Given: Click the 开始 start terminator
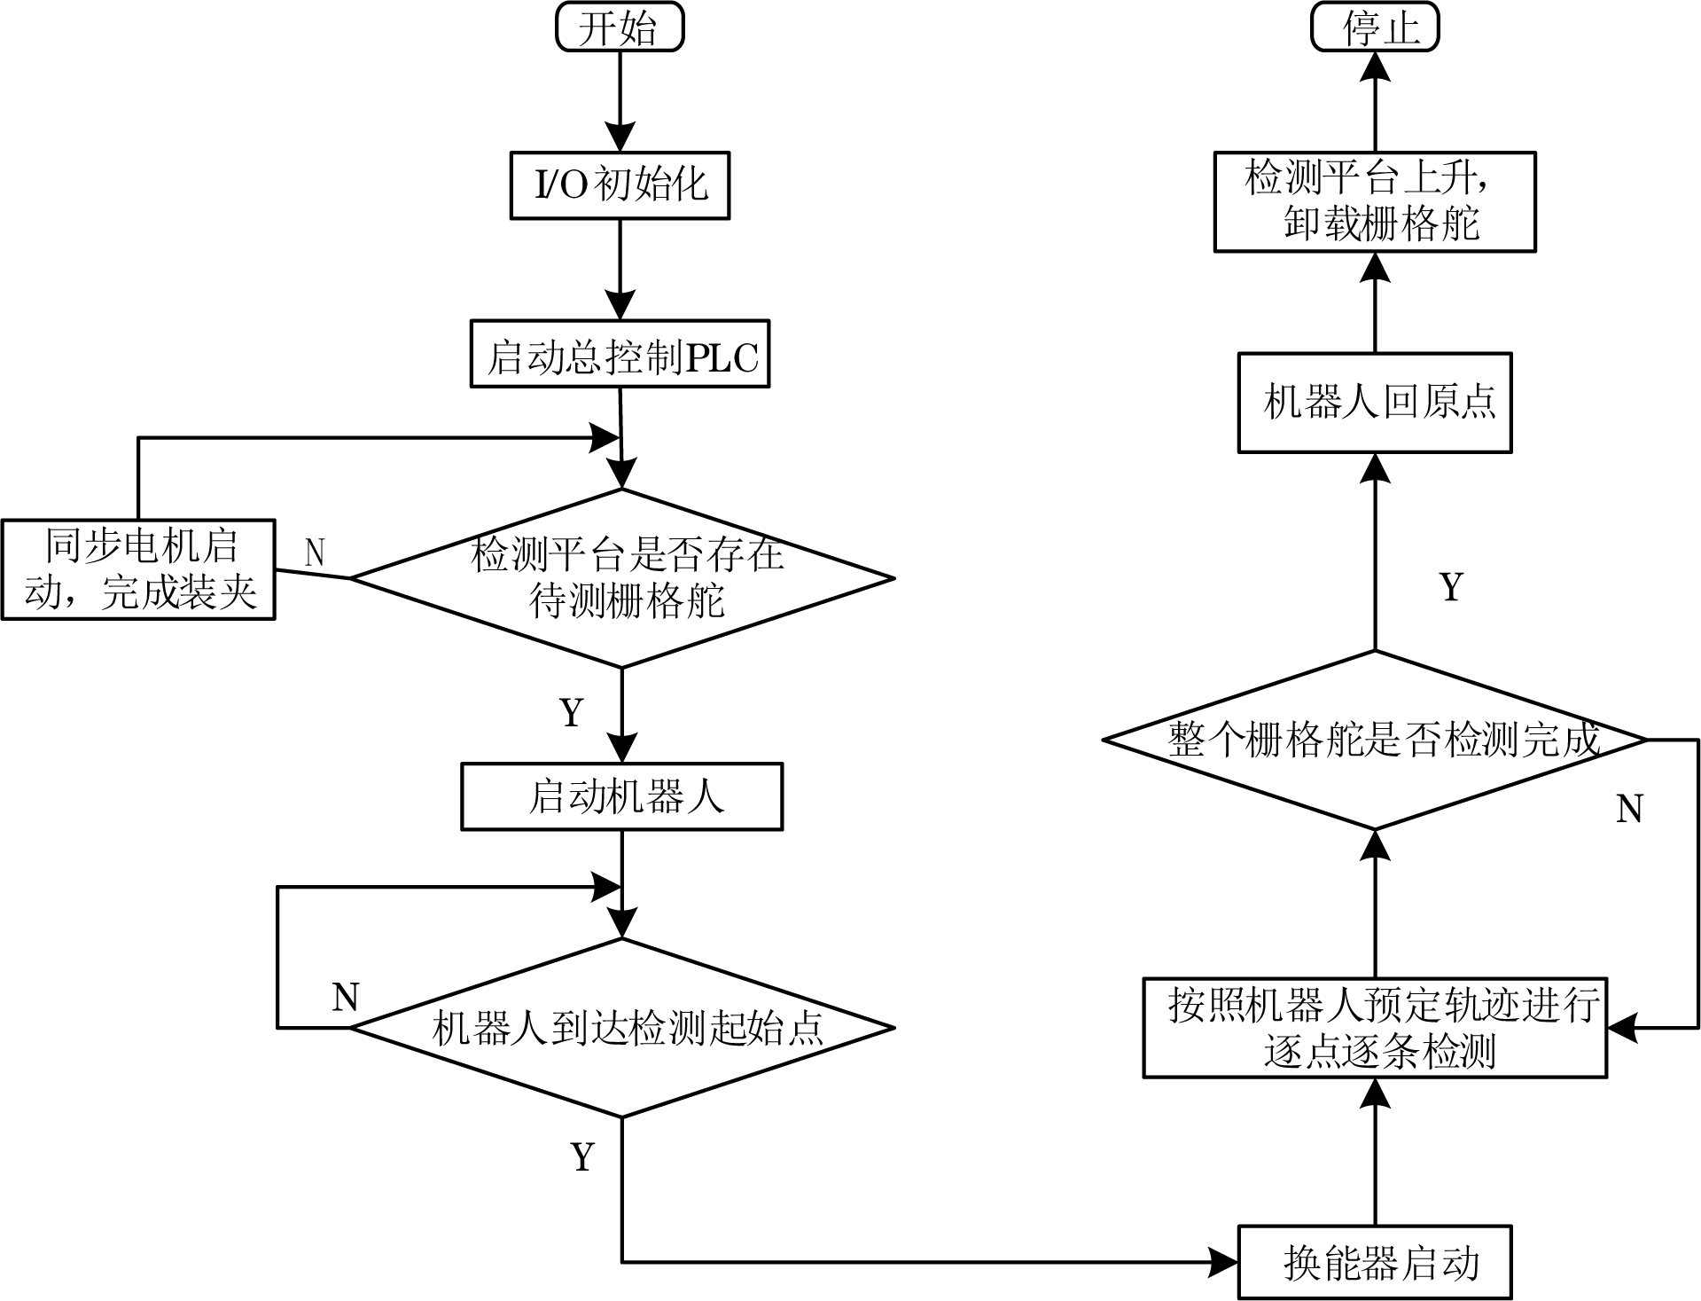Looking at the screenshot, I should (619, 27).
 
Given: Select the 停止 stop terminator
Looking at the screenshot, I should (1374, 27).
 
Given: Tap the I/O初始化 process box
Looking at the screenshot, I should (620, 185).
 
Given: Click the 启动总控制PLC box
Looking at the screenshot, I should (620, 354).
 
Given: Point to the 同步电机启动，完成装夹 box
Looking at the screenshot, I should (138, 569).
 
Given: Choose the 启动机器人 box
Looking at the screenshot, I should (621, 796).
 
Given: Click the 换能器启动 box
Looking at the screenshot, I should (1374, 1263).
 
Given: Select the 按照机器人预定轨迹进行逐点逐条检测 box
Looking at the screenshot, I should (1375, 1028).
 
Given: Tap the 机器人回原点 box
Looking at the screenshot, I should (1374, 403).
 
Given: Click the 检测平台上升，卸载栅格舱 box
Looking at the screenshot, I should (1374, 202).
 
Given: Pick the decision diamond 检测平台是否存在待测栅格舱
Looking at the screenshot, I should (622, 578).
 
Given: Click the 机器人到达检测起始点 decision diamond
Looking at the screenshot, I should (622, 1028).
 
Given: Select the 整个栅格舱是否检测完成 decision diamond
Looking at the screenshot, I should (1375, 740).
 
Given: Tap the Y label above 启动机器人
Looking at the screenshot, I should (573, 712).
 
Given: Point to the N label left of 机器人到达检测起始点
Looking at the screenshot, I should (345, 997).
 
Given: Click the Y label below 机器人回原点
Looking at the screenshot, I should (1451, 586).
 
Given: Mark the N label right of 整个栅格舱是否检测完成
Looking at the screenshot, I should (1629, 808).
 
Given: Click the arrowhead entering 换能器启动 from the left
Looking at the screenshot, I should (1225, 1262).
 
